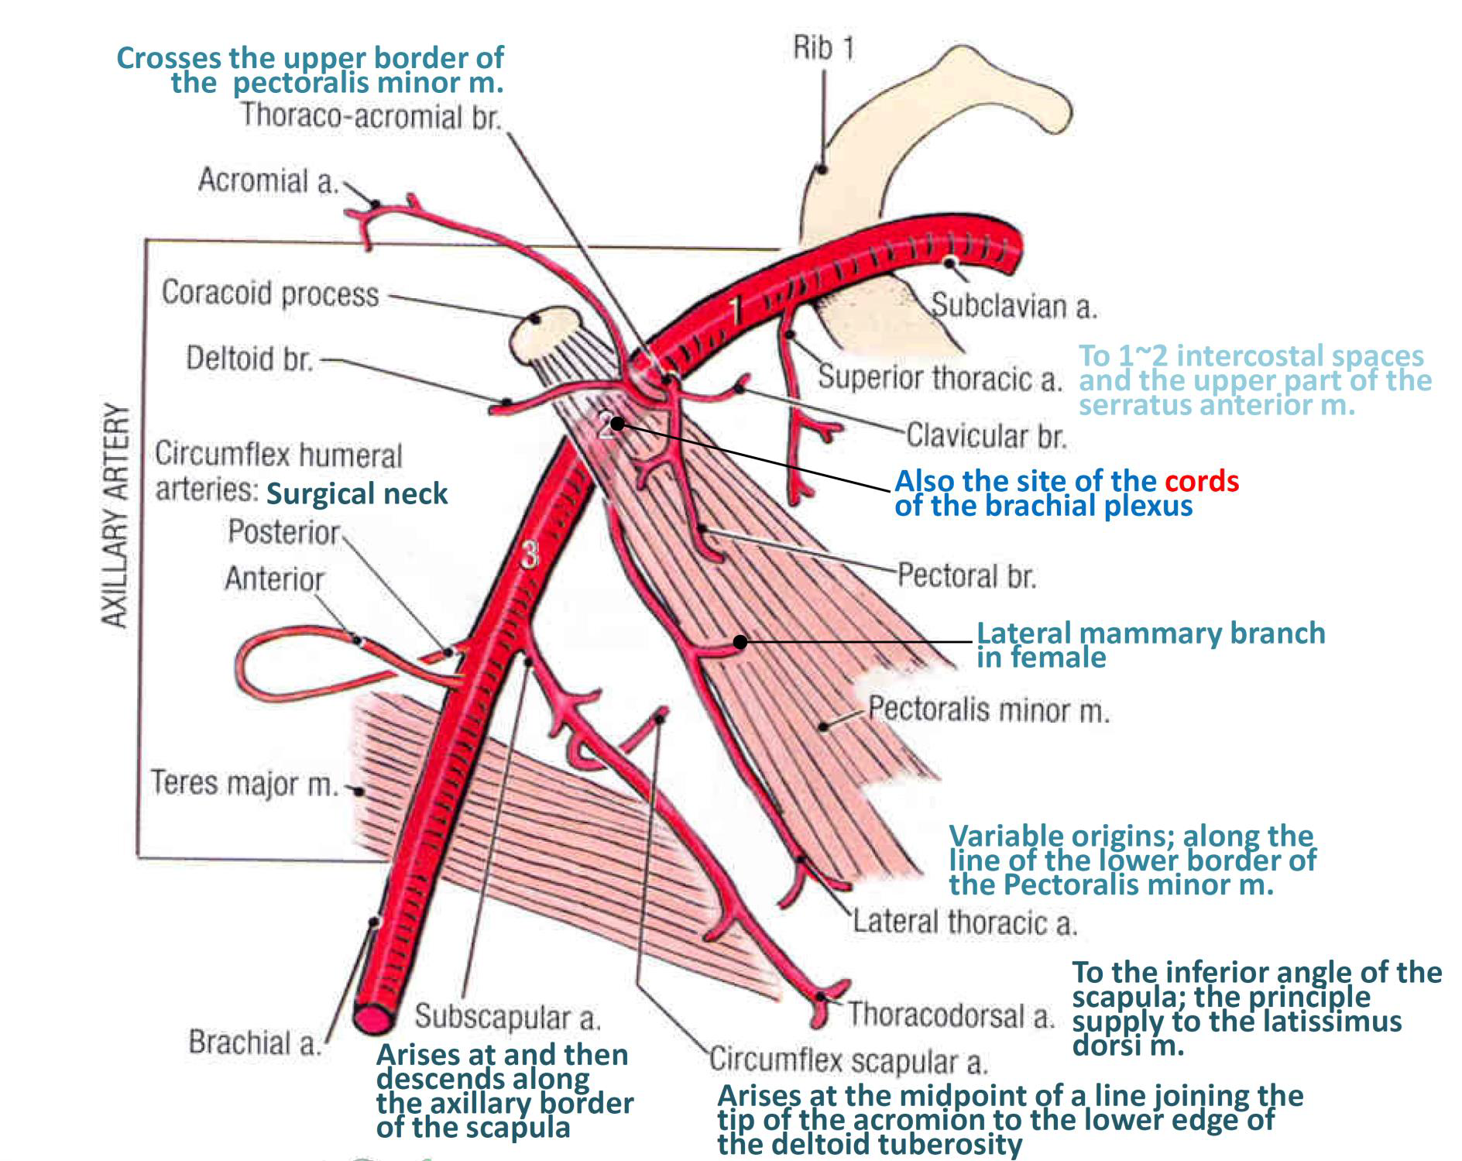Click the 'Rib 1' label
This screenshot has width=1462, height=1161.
click(x=823, y=49)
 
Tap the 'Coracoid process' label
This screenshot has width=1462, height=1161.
click(x=270, y=294)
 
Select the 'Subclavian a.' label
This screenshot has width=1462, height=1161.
click(x=1014, y=306)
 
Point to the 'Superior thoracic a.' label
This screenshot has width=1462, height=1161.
click(x=939, y=378)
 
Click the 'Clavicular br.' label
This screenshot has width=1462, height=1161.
click(x=986, y=436)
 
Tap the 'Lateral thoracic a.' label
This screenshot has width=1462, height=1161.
click(x=964, y=922)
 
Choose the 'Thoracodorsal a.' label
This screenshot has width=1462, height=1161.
click(x=950, y=1015)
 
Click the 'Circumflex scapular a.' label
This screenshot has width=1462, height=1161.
click(x=849, y=1060)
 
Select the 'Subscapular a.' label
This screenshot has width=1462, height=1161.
click(x=507, y=1017)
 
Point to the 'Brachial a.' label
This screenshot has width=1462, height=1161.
click(x=255, y=1042)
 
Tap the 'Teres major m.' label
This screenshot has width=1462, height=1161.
click(x=245, y=783)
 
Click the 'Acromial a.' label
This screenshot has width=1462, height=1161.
click(x=268, y=180)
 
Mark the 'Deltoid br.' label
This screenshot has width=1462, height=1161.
click(x=249, y=359)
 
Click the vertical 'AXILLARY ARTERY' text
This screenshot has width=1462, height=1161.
click(x=115, y=515)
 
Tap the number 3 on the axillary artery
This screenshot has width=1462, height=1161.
click(x=529, y=555)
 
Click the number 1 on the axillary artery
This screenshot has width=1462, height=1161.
click(x=736, y=310)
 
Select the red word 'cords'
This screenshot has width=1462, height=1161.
click(x=1202, y=482)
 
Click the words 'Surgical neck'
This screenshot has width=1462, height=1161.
click(x=357, y=493)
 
